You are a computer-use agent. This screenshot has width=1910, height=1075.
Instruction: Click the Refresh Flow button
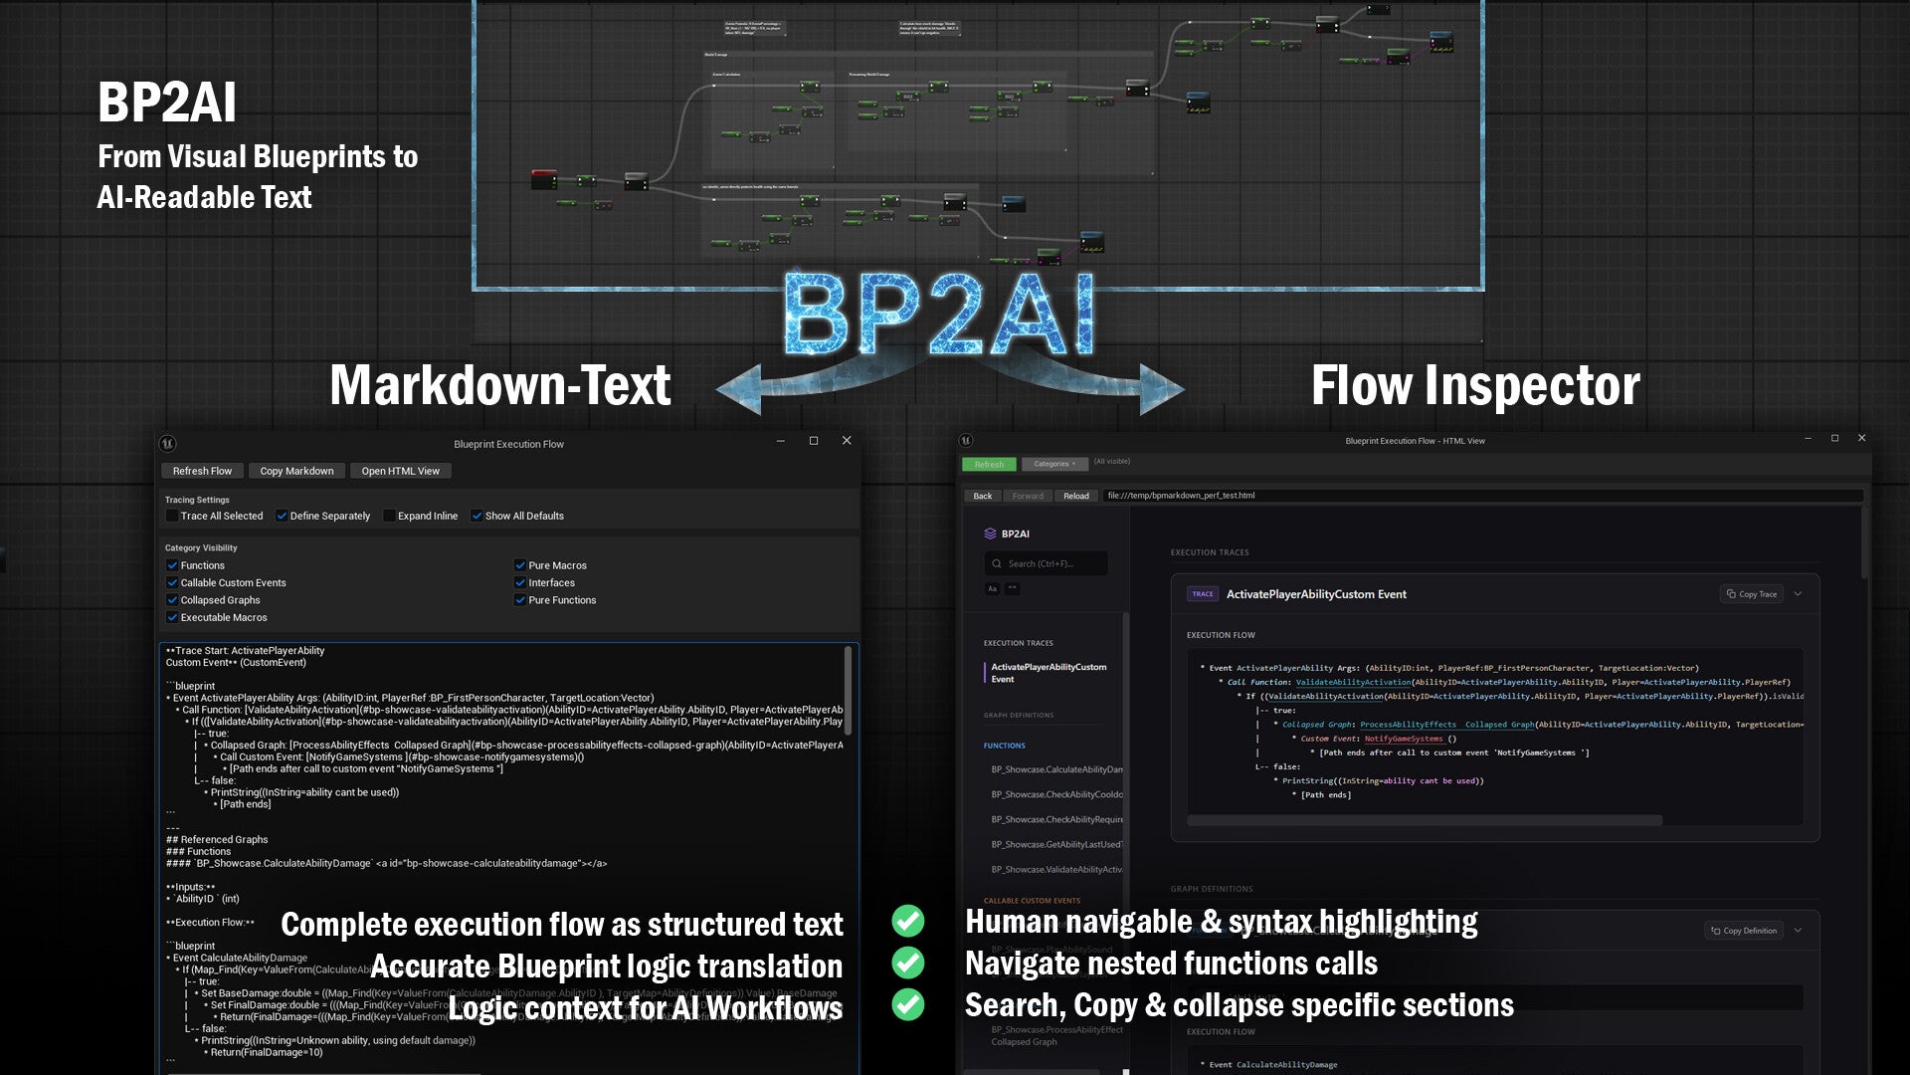(202, 471)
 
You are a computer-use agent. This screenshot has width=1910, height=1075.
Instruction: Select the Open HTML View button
(400, 471)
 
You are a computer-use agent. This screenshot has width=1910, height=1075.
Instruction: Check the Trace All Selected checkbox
(173, 516)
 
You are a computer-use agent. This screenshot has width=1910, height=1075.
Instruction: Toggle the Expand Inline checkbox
(390, 516)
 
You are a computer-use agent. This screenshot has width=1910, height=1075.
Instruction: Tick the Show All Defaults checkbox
(477, 516)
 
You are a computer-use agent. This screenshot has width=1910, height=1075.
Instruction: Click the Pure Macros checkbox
(520, 565)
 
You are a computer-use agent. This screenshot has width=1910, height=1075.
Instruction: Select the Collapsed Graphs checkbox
(173, 600)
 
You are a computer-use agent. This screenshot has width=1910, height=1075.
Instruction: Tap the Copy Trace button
(1751, 594)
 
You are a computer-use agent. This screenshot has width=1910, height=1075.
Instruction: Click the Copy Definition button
(1743, 931)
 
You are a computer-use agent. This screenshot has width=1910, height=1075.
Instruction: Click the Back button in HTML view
(982, 496)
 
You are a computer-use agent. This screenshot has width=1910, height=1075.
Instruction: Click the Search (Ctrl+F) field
(1046, 563)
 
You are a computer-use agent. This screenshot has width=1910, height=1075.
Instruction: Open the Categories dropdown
(1053, 464)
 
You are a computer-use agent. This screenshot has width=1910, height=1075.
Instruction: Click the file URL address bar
(1482, 496)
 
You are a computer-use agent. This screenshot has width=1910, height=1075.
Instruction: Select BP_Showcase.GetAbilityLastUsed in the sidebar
(1056, 844)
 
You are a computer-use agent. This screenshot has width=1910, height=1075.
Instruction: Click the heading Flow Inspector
(1475, 386)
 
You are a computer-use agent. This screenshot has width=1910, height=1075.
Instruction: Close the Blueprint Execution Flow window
(847, 441)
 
